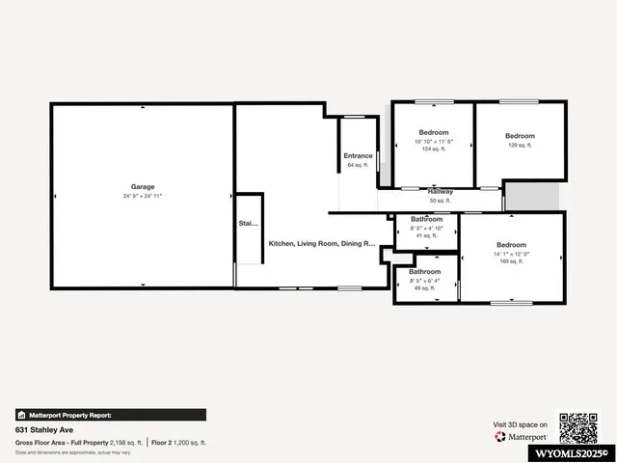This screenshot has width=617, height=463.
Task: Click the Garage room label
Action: [143, 186]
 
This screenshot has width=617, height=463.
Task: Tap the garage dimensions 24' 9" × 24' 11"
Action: [143, 196]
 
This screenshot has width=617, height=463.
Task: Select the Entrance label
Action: [358, 156]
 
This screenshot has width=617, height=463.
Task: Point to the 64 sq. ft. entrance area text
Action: [358, 165]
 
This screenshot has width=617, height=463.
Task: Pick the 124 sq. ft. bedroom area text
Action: [433, 150]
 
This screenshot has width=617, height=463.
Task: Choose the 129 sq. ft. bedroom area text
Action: [520, 145]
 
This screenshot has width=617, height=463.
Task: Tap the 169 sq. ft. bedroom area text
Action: [511, 261]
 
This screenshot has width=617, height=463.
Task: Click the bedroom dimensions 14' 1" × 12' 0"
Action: [511, 254]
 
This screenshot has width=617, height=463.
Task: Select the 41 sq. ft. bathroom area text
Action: [426, 235]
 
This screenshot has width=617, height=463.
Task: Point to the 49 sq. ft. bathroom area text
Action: [424, 288]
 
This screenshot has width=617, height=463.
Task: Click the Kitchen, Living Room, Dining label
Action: [321, 243]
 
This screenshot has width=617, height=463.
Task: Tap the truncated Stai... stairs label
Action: [249, 224]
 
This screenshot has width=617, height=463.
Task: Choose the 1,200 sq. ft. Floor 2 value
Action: [189, 442]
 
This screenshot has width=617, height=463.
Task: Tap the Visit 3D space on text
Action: [521, 424]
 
